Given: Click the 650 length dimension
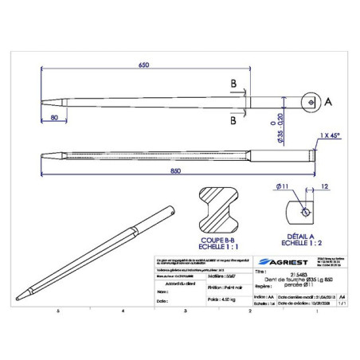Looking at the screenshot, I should [143, 65].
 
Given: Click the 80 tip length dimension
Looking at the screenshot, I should [53, 118].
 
